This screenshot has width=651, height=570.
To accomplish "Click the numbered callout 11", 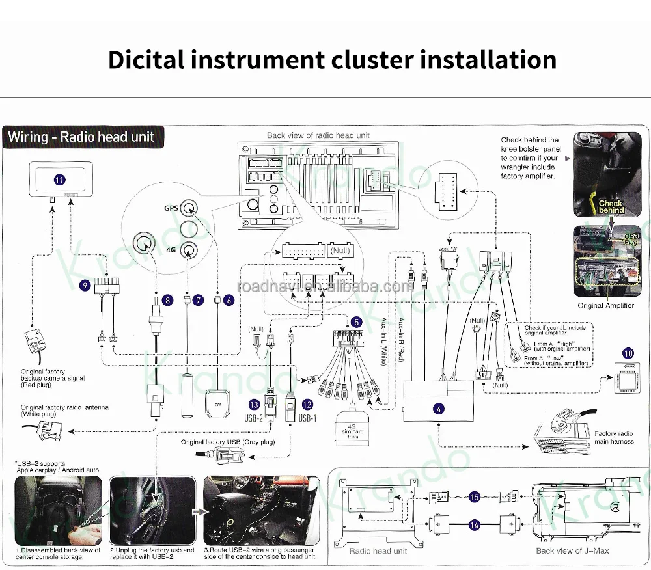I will (59, 180).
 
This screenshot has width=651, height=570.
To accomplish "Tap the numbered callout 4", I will (439, 409).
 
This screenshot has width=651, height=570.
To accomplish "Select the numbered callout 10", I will (628, 353).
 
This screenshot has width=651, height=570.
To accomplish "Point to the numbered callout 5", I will (356, 321).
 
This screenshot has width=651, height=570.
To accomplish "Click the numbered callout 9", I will (85, 285).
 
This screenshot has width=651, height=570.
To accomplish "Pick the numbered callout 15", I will (474, 497).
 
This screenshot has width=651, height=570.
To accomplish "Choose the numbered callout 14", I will (474, 524).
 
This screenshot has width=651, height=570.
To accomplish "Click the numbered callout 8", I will (168, 300).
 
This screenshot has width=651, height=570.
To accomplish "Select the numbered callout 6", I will (229, 300).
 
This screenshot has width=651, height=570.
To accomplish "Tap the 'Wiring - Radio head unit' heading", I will (81, 137).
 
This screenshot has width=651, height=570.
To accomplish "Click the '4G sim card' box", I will (353, 429).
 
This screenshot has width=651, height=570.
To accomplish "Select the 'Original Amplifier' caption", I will (605, 305).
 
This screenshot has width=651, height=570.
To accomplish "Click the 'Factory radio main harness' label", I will (613, 437).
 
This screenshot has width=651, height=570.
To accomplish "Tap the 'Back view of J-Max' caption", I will (572, 550).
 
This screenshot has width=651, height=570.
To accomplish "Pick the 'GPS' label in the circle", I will (170, 208).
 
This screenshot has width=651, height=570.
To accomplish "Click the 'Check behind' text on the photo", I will (611, 207).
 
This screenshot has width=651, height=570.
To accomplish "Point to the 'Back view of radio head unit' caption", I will (318, 135).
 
